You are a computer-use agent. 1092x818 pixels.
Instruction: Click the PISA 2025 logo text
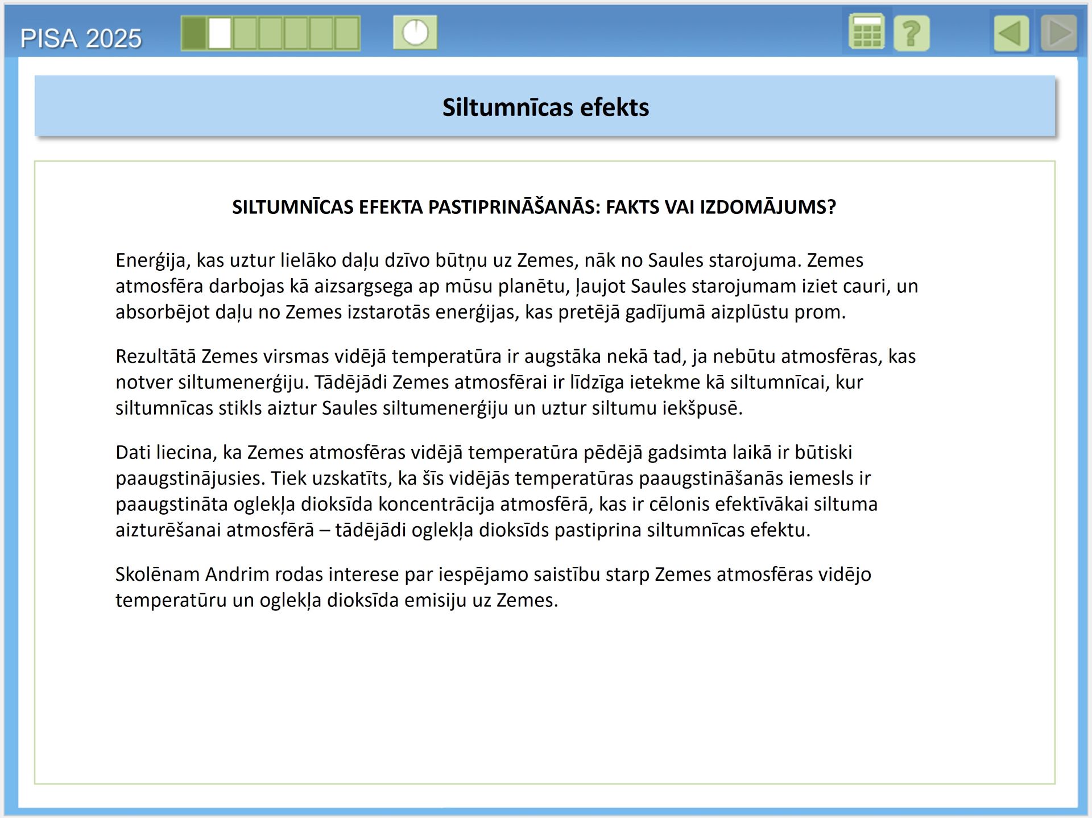[x=81, y=39]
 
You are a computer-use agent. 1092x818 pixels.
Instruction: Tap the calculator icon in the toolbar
[x=866, y=32]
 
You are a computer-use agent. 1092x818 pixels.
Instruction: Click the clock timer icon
[x=415, y=32]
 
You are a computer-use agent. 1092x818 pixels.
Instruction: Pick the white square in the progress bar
[x=220, y=33]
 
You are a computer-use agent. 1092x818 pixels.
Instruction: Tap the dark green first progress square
[x=195, y=33]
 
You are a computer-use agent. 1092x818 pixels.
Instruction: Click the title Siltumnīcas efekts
[x=545, y=107]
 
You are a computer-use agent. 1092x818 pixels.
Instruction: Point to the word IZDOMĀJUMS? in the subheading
[x=768, y=207]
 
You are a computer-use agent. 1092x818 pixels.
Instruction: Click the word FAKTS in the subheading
[x=630, y=207]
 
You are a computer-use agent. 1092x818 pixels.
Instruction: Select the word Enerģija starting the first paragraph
[x=150, y=261]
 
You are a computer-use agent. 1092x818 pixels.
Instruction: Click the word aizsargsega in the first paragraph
[x=363, y=286]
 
